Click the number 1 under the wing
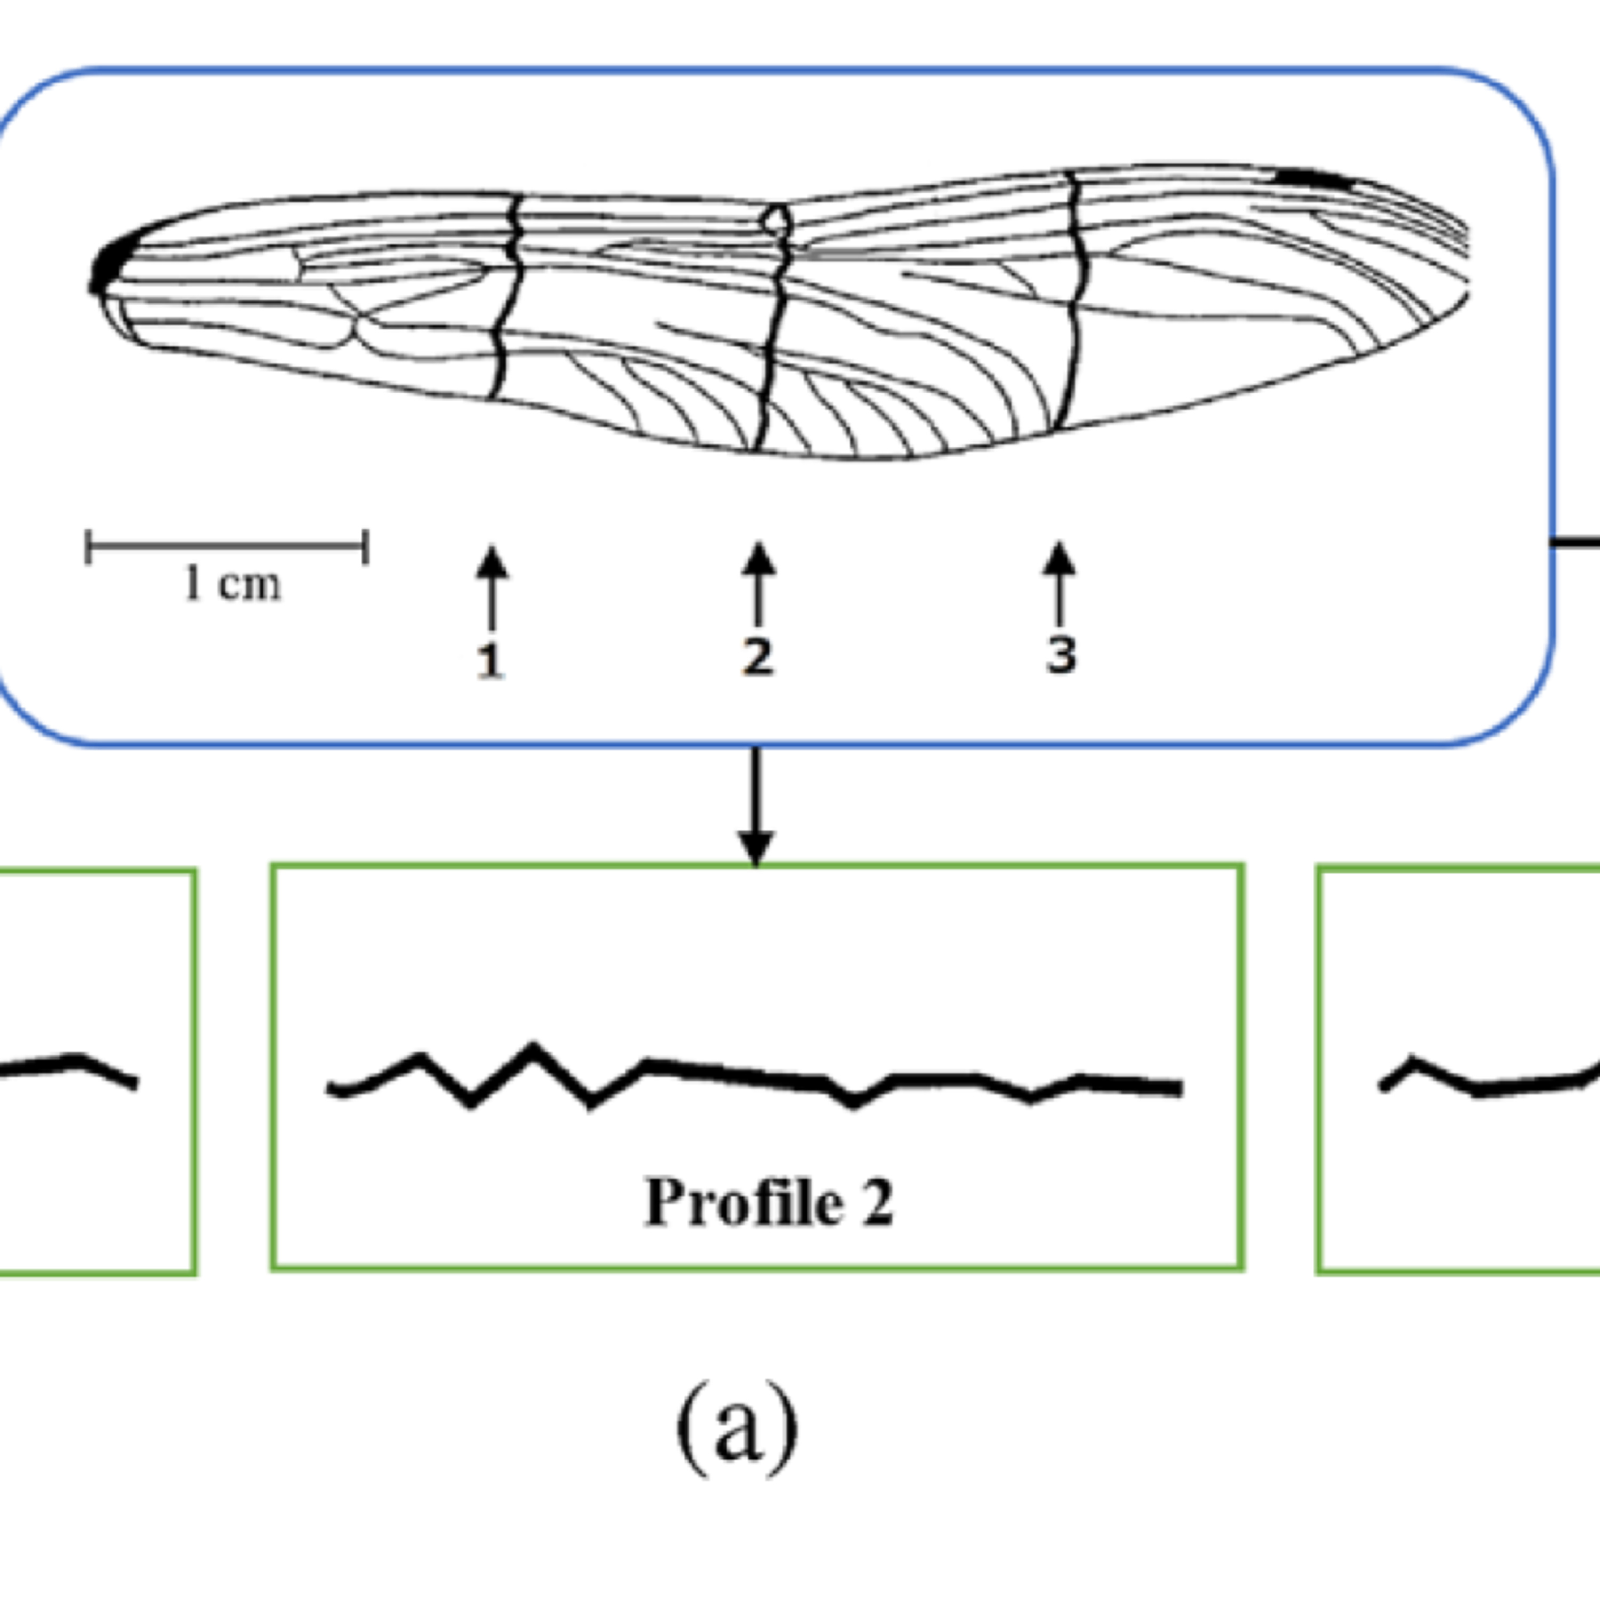pos(490,661)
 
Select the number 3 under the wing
pos(1061,654)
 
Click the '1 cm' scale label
pos(232,585)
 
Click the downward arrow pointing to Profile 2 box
pos(755,806)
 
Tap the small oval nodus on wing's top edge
pos(778,221)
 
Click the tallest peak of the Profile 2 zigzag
pos(532,1046)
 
